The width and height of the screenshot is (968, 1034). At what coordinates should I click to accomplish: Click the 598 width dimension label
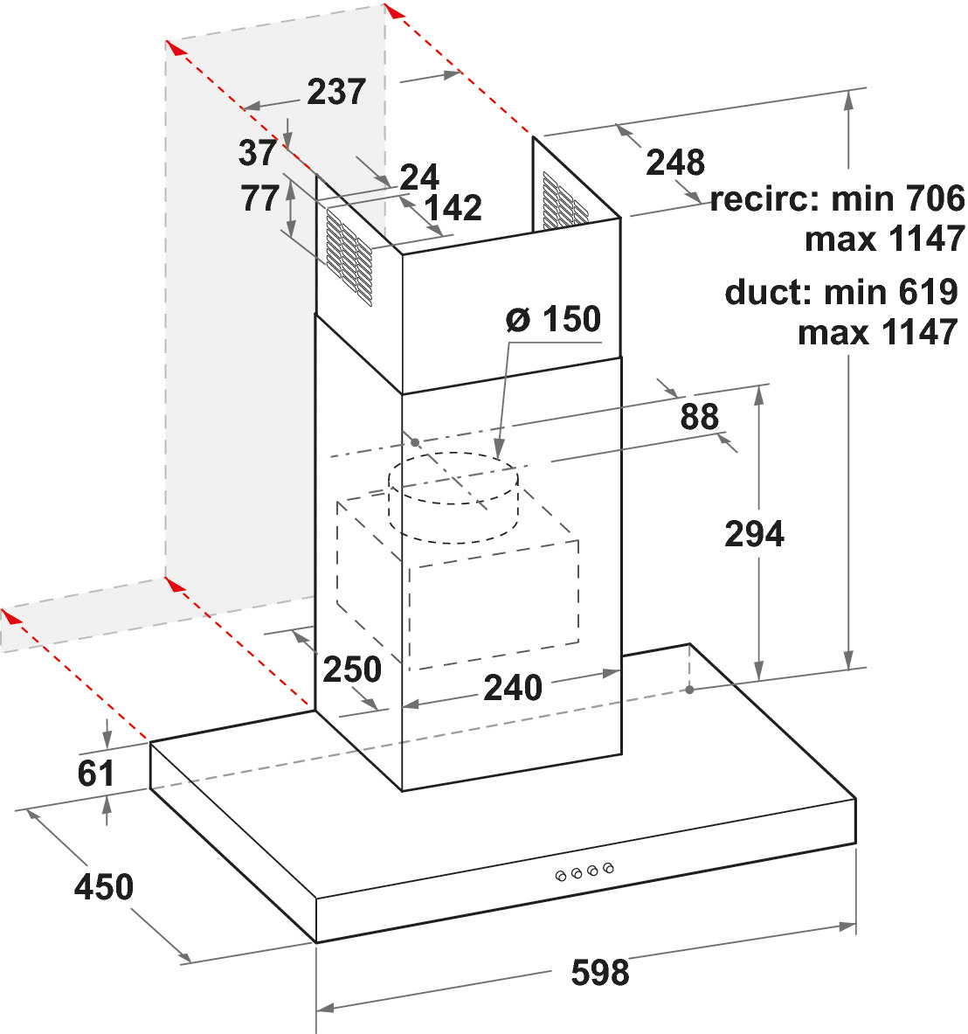[599, 972]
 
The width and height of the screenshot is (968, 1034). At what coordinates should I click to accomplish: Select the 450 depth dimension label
[103, 886]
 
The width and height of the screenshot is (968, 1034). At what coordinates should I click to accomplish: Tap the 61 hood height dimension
[95, 774]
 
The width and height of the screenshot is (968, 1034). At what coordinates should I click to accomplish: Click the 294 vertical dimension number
[754, 533]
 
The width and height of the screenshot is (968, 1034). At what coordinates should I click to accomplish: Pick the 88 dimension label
[699, 417]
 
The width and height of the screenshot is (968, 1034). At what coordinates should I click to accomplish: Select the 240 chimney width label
[513, 688]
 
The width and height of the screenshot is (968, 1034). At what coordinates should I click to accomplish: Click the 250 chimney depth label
[352, 670]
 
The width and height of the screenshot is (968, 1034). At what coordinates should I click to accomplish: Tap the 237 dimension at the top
[336, 92]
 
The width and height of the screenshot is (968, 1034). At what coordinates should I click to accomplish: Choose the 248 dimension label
[675, 163]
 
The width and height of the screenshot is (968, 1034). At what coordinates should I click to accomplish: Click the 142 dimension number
[453, 208]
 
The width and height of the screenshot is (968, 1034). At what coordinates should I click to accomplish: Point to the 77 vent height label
[259, 198]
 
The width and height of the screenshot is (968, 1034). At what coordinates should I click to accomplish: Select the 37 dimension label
[257, 153]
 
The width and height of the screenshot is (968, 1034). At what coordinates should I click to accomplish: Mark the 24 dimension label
[419, 177]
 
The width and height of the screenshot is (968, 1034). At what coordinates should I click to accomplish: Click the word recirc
[764, 198]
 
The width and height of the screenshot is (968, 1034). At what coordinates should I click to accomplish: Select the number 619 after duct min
[928, 291]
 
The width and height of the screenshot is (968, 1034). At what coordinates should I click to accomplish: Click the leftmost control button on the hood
[561, 876]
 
